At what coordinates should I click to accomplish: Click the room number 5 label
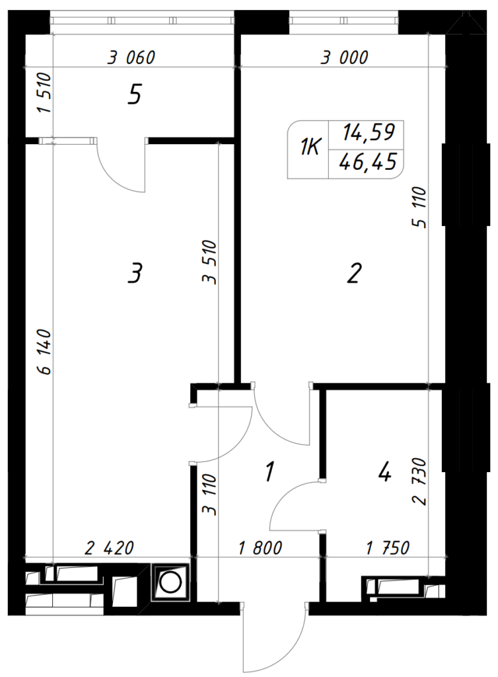(135, 95)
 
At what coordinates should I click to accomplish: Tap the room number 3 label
(135, 273)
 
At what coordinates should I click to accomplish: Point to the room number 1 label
(270, 471)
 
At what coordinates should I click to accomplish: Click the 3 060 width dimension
(131, 58)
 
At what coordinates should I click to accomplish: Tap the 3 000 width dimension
(344, 58)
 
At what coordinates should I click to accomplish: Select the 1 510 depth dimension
(44, 93)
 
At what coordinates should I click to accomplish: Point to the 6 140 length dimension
(44, 352)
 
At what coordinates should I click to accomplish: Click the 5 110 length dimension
(419, 207)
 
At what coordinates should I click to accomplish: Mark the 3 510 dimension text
(209, 262)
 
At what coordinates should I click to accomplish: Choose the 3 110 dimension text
(209, 495)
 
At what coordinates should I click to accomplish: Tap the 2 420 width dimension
(110, 548)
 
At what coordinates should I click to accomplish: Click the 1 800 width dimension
(260, 548)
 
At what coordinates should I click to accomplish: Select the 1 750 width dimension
(388, 548)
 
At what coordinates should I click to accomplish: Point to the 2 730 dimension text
(419, 481)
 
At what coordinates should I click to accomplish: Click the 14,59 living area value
(369, 132)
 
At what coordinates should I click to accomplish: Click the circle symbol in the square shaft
(170, 582)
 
